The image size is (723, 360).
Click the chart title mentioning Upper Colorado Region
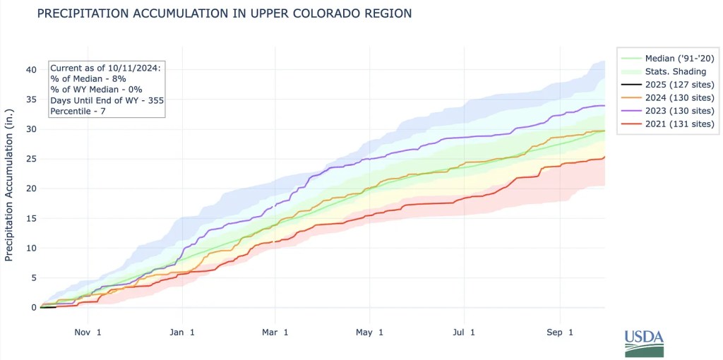click(224, 13)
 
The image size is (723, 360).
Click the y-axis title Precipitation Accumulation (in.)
click(9, 185)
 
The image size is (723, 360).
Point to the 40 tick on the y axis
click(30, 69)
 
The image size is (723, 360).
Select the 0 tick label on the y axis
click(32, 307)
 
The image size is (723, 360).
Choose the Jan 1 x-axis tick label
click(182, 332)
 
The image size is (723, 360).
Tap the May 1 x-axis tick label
click(369, 332)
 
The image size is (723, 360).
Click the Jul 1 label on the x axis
click(464, 332)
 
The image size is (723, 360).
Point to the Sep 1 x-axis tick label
click(561, 332)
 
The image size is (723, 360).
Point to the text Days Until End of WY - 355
click(102, 100)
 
